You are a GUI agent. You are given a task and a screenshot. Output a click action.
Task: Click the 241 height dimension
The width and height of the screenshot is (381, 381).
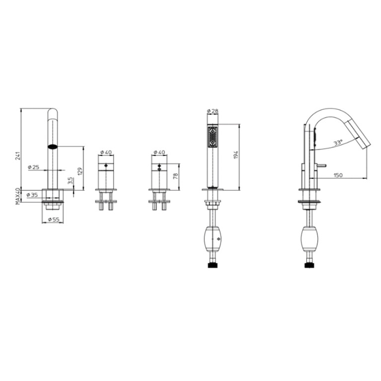[x=18, y=155]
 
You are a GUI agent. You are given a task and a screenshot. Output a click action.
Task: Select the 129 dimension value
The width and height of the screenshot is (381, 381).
[x=80, y=171]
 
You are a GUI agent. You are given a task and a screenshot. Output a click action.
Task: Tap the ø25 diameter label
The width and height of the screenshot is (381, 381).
[x=34, y=167]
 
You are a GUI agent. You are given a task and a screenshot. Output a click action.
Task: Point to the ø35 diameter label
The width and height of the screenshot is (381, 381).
[x=33, y=195]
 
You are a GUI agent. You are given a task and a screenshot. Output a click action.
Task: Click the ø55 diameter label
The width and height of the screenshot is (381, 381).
[x=54, y=220]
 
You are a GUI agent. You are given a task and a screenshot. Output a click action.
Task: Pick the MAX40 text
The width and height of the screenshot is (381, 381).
[x=18, y=196]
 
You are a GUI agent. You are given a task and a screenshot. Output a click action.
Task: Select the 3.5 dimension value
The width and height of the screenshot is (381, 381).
[x=70, y=181]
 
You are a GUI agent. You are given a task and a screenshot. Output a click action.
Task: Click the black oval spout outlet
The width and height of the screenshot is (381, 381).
[x=52, y=147]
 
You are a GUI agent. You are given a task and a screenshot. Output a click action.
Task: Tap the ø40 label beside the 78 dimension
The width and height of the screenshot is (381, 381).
[x=159, y=152]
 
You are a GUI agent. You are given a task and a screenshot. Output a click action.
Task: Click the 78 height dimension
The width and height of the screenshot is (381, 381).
[x=175, y=176]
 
